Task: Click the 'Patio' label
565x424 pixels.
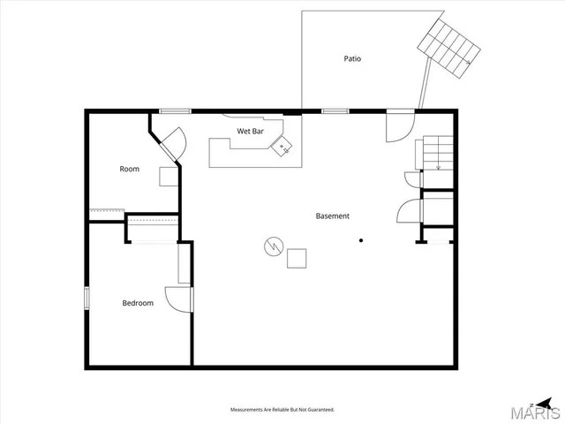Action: click(x=352, y=59)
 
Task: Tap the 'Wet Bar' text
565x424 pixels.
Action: click(x=250, y=131)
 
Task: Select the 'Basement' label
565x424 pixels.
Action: click(x=333, y=216)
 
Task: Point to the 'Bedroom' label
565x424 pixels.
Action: click(x=138, y=303)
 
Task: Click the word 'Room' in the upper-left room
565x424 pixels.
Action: click(x=130, y=169)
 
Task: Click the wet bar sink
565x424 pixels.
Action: click(x=283, y=147)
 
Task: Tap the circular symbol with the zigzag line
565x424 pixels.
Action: click(x=273, y=246)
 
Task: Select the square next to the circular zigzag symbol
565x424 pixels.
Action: click(x=298, y=257)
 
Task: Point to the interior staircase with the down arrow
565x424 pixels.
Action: click(x=437, y=153)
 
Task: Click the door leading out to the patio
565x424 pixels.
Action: click(x=397, y=125)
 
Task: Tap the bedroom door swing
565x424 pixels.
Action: click(x=179, y=298)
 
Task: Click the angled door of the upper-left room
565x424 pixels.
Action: click(x=169, y=143)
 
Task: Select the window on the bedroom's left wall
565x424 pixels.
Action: click(x=87, y=298)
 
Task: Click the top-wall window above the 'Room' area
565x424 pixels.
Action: click(x=175, y=110)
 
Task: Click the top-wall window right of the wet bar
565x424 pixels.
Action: click(x=334, y=110)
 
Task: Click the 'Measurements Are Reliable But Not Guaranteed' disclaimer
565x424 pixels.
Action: click(x=282, y=410)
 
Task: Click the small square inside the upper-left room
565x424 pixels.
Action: click(x=168, y=175)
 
